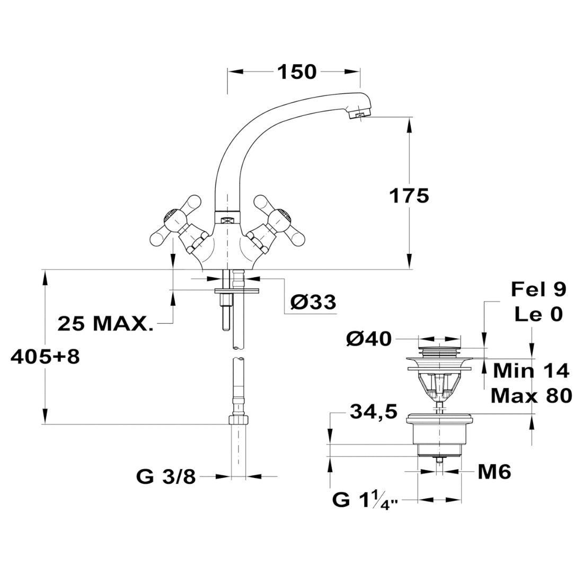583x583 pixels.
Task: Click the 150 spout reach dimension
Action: (297, 72)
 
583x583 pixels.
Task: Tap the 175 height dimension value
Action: (409, 196)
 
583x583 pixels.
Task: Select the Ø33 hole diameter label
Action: (313, 302)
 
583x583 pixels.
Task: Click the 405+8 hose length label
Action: (45, 357)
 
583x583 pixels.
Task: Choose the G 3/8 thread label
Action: (166, 476)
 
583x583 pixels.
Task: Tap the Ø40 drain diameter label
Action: (369, 339)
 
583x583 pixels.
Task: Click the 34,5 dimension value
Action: (374, 412)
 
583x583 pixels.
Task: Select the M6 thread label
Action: (494, 472)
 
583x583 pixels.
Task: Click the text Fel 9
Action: (538, 289)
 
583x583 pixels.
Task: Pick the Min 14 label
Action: (531, 370)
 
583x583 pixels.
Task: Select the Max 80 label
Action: (531, 396)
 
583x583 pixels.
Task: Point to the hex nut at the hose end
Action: (238, 420)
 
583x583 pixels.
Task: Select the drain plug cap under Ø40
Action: (440, 351)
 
